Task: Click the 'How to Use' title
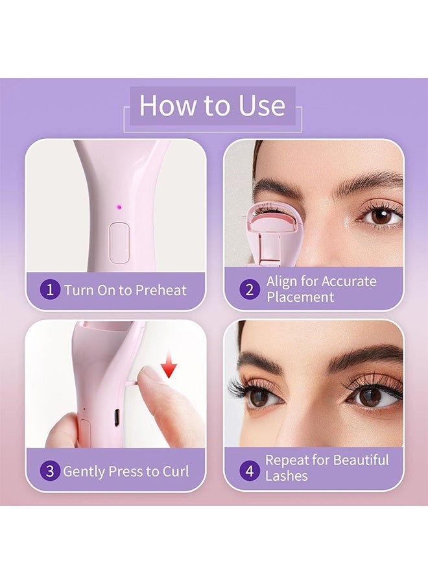(x=212, y=106)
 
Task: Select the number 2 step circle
(x=249, y=289)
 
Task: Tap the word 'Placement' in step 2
(x=300, y=297)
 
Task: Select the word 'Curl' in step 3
(x=175, y=471)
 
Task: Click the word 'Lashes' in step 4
(x=286, y=476)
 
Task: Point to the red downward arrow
(x=169, y=369)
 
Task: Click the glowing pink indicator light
(x=119, y=207)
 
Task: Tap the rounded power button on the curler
(x=119, y=242)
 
